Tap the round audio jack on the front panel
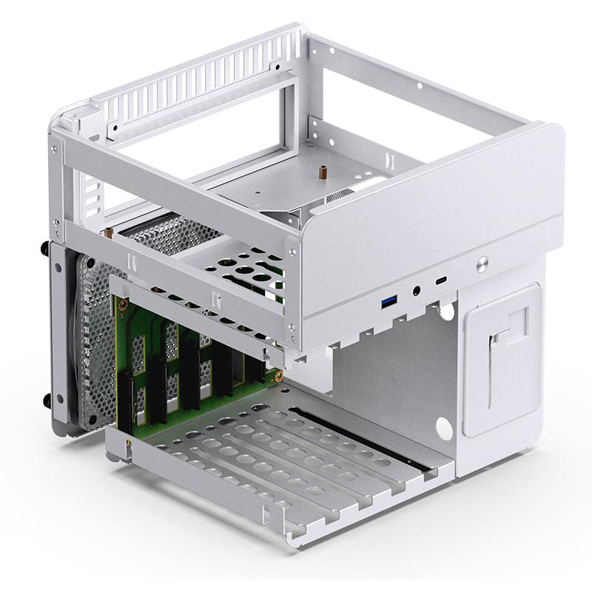(417, 292)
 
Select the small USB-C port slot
(441, 282)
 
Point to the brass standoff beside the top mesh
(109, 234)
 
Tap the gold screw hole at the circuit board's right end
(279, 375)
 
